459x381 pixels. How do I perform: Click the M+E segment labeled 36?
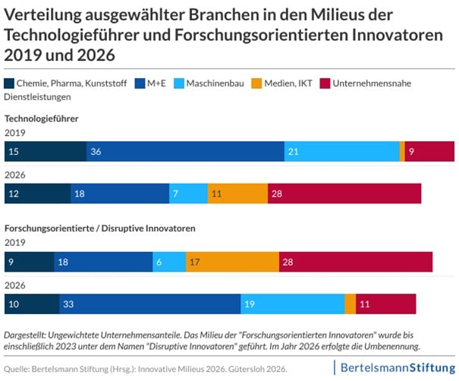[x=185, y=152]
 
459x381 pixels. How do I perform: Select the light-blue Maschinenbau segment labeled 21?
[x=341, y=152]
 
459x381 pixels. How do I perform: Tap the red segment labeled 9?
[x=429, y=152]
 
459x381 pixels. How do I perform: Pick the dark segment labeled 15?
[x=46, y=152]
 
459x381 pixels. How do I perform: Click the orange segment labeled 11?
[x=237, y=194]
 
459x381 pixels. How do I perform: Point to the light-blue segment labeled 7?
[x=188, y=194]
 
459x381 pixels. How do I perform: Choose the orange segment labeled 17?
[x=232, y=262]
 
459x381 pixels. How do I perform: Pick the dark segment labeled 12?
[x=37, y=194]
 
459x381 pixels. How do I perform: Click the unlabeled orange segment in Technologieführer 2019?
[x=402, y=152]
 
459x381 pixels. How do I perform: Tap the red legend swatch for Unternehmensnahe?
[x=327, y=83]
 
